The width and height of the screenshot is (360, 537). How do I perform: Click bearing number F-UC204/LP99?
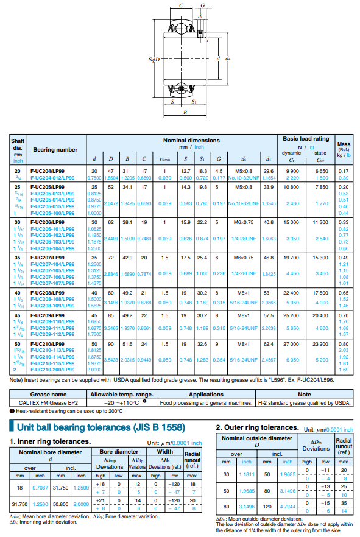click(x=48, y=171)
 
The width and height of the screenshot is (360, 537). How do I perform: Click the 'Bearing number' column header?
click(x=55, y=149)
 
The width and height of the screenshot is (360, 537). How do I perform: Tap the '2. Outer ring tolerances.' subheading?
click(x=257, y=428)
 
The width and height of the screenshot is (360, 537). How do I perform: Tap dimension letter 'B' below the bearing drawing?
click(x=185, y=113)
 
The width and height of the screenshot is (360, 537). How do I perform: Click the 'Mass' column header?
click(x=344, y=144)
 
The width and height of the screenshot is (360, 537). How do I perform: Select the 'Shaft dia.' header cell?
click(x=18, y=144)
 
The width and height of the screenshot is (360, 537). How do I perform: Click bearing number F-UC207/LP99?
click(x=48, y=258)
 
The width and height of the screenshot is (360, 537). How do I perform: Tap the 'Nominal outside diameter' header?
click(x=256, y=438)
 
